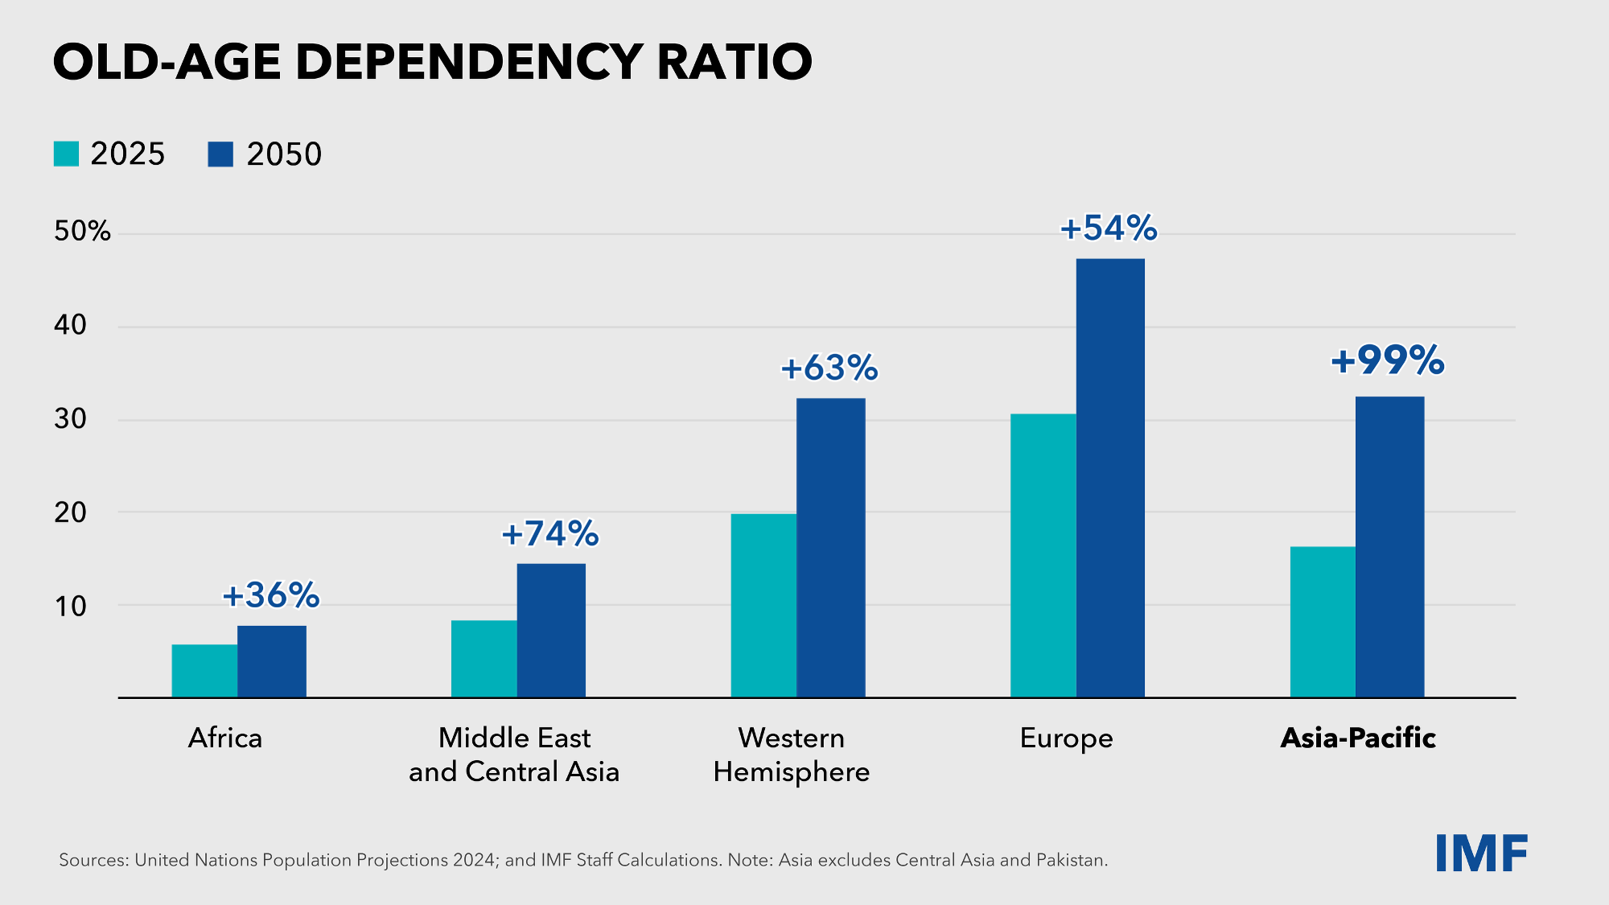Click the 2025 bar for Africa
(x=204, y=671)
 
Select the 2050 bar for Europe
(x=1110, y=478)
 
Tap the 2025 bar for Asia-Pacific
(x=1323, y=622)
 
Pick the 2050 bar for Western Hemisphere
(x=831, y=547)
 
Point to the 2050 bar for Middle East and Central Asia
(x=551, y=630)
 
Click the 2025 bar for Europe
(x=1043, y=555)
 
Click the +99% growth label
(x=1388, y=360)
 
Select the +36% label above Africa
(x=271, y=595)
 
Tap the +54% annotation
(x=1109, y=228)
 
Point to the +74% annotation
(x=550, y=533)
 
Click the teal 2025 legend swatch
(x=66, y=154)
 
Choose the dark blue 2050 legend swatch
(x=220, y=154)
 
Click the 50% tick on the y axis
(x=82, y=232)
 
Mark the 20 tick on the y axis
(x=70, y=512)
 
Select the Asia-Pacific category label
(x=1358, y=738)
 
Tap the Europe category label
(x=1066, y=738)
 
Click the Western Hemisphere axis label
(x=792, y=755)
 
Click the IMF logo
(x=1481, y=854)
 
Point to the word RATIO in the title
(x=734, y=62)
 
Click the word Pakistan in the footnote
(x=1071, y=860)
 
